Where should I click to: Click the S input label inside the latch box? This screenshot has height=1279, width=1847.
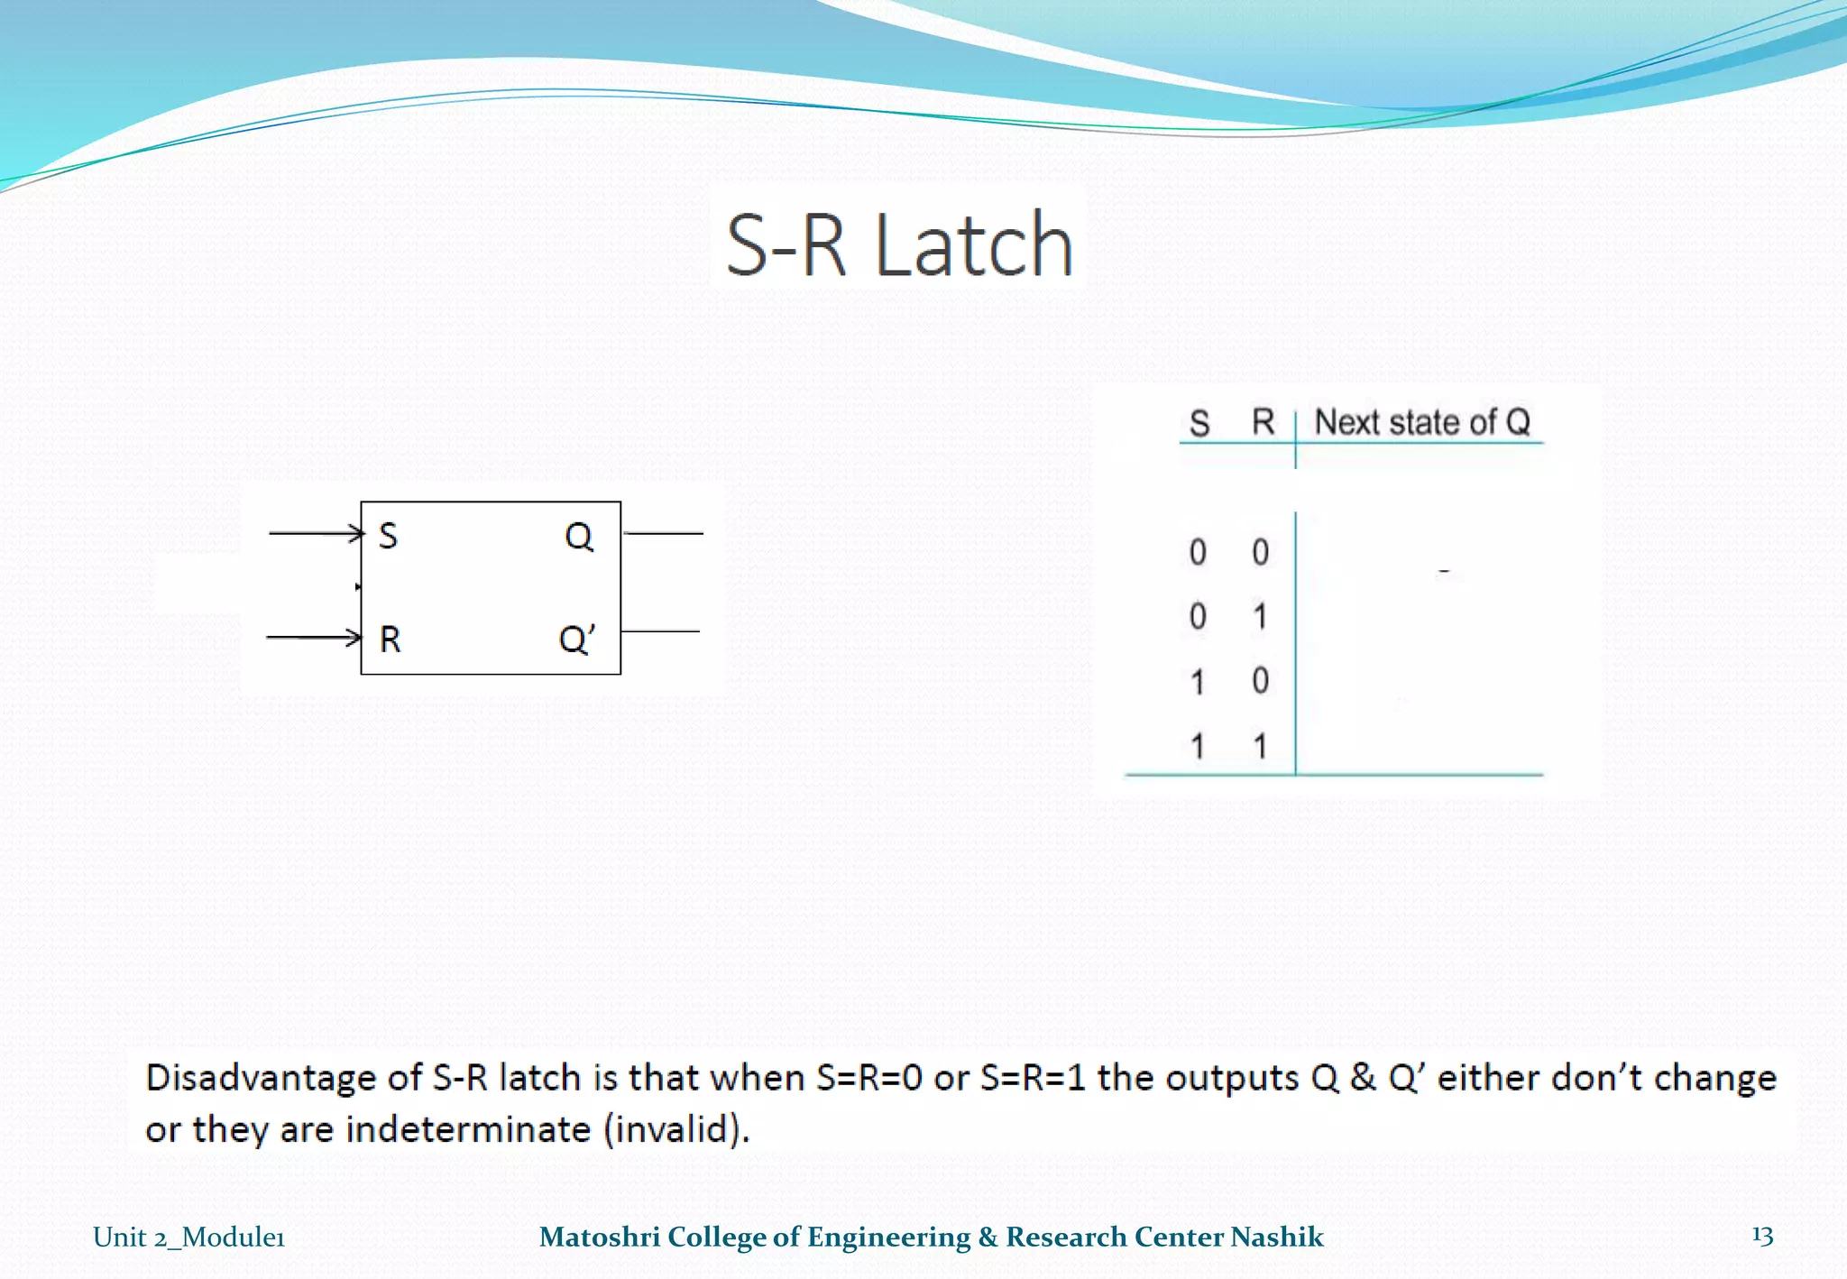tap(388, 536)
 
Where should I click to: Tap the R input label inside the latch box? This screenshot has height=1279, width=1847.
tap(390, 639)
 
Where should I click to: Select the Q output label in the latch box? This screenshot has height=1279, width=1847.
tap(579, 537)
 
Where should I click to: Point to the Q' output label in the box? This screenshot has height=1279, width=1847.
tap(577, 639)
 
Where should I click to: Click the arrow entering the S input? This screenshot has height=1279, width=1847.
tap(316, 533)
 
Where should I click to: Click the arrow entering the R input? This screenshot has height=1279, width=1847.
tap(314, 638)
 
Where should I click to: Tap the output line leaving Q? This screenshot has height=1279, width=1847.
tap(663, 533)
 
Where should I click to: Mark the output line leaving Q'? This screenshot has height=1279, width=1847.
tap(661, 631)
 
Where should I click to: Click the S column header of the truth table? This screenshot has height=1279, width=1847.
tap(1199, 423)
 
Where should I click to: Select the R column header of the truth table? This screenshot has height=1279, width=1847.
tap(1263, 421)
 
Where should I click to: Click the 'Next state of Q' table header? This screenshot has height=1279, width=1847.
tap(1422, 421)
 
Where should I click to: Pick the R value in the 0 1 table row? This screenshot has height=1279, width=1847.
tap(1261, 617)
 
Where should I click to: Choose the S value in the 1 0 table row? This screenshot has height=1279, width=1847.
tap(1198, 682)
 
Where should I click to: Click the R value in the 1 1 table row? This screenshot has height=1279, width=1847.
tap(1261, 747)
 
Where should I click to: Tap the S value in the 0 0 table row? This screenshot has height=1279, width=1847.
tap(1198, 552)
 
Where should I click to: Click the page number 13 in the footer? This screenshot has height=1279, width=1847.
tap(1762, 1236)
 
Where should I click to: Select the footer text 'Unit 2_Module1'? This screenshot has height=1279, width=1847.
tap(188, 1237)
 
